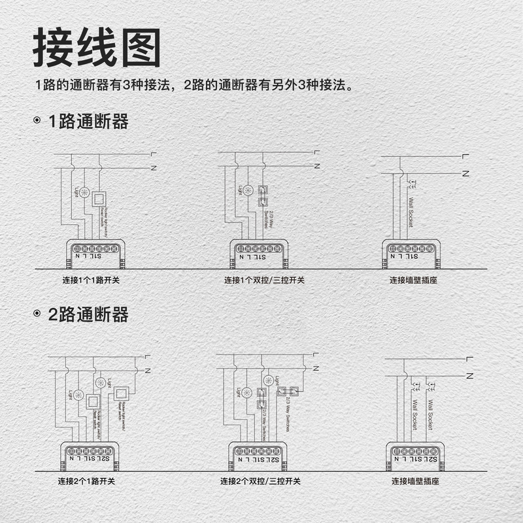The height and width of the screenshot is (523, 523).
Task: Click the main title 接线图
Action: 97,48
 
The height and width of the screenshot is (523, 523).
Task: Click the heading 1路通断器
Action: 88,122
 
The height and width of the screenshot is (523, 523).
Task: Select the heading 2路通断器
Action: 88,314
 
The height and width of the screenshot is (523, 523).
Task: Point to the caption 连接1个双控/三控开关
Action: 264,280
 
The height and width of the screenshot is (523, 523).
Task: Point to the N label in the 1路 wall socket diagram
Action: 465,173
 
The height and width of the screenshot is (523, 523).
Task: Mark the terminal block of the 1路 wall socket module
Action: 411,248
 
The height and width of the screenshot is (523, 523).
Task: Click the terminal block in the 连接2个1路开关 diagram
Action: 90,451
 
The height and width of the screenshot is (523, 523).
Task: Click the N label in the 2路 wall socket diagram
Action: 468,376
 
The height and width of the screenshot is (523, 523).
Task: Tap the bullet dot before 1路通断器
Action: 37,122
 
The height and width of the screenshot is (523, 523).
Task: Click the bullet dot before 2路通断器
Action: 37,315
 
